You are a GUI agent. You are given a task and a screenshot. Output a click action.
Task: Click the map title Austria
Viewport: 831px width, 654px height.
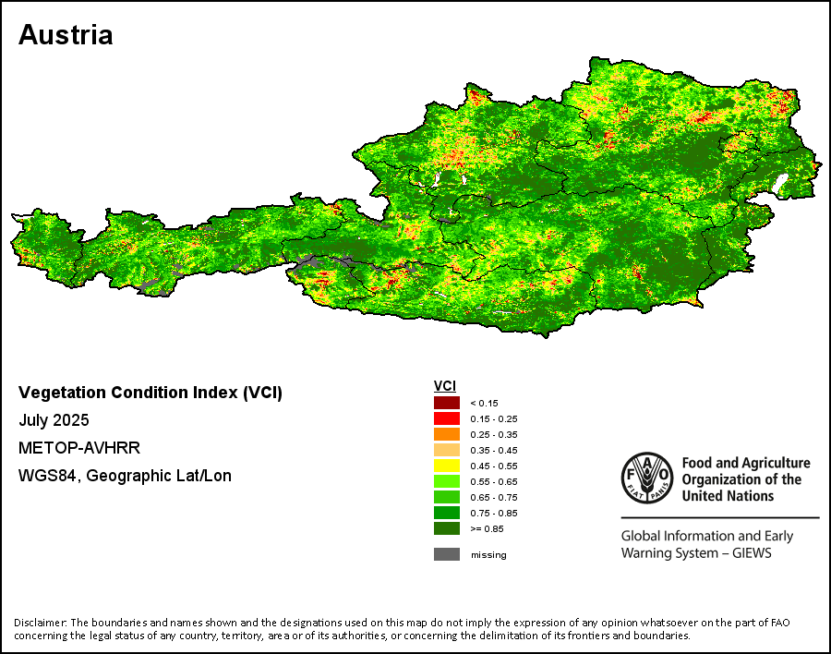(66, 35)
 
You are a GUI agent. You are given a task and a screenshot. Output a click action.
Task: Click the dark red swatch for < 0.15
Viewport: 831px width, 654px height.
(447, 403)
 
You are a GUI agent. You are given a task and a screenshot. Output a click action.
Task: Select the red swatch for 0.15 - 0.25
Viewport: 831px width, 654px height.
(447, 418)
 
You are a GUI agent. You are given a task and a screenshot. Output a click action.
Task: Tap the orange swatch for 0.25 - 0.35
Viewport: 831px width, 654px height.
(447, 434)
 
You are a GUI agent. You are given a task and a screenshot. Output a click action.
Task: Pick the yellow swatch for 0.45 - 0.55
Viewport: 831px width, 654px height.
(447, 466)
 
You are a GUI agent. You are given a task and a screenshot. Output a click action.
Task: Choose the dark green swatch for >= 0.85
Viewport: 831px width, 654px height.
(447, 528)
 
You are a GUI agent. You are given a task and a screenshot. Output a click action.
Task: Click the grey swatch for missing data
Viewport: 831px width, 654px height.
(447, 554)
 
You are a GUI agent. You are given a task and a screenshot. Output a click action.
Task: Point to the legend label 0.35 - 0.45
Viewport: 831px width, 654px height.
(494, 450)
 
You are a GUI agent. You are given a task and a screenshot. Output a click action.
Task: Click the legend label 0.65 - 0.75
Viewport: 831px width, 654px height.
(494, 497)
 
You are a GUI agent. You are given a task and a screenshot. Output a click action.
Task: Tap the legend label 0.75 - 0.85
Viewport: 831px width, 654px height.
(494, 513)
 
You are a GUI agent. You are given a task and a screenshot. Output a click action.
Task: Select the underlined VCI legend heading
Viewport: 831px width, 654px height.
(445, 385)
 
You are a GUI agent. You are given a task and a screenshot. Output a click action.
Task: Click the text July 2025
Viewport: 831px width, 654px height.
(54, 420)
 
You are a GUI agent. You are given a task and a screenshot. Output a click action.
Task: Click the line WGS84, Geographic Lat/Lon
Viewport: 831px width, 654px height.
(125, 476)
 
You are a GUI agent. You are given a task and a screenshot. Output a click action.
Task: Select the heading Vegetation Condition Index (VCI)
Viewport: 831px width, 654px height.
(151, 393)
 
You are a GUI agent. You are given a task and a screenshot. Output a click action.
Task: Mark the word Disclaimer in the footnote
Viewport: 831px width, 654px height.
(41, 622)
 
